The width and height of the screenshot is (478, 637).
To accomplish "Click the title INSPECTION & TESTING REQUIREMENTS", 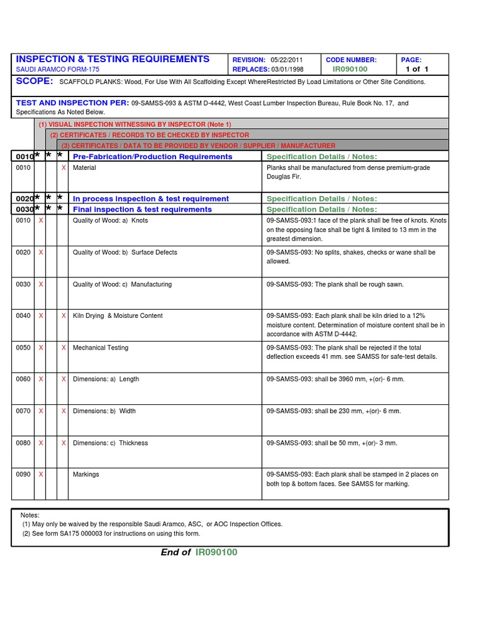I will click(x=113, y=59).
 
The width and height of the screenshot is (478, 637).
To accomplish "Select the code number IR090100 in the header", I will click(x=350, y=69).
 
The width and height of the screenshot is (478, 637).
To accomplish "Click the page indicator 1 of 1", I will click(x=417, y=69).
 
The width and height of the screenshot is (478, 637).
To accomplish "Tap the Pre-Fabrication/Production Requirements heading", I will click(x=152, y=157).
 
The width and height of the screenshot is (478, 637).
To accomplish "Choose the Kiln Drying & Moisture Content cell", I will click(x=118, y=316).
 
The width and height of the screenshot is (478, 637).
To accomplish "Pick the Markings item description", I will click(x=86, y=475).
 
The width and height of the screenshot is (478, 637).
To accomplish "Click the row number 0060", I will click(x=23, y=379).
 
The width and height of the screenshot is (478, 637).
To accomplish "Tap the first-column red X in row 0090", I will click(x=41, y=475).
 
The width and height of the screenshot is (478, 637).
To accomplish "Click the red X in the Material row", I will click(x=63, y=168).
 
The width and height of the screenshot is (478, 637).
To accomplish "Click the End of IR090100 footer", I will click(x=199, y=552).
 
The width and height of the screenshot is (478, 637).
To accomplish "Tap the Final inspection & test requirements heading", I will click(x=143, y=210).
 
